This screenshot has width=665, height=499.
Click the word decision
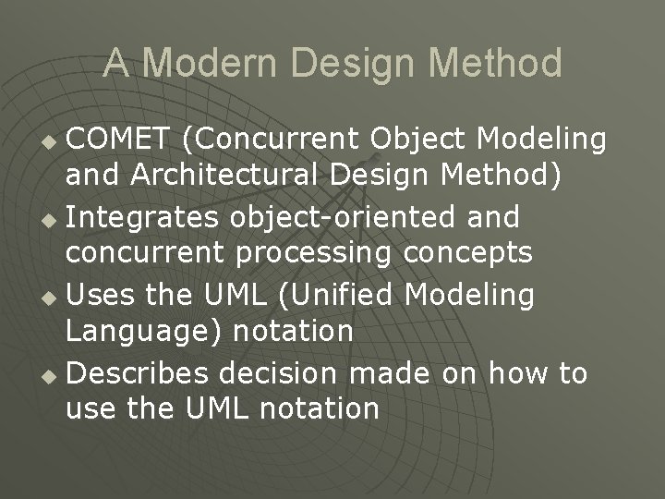(x=291, y=373)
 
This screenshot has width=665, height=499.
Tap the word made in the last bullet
(x=396, y=373)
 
